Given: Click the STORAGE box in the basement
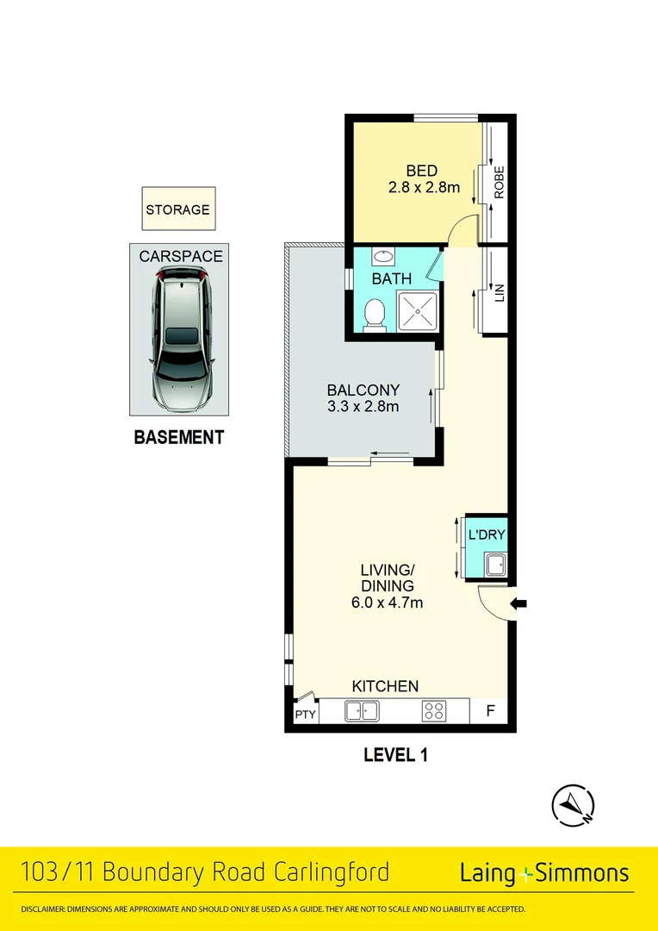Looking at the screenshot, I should coord(178,209).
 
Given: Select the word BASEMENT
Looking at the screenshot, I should coord(179,437).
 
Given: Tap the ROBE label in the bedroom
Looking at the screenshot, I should coord(498,183).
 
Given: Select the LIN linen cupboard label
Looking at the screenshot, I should coord(498,292).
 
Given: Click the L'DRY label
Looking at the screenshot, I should coord(487,535).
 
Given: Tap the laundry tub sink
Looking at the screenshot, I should coord(495,566).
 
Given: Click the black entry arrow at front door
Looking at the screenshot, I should coord(518,604).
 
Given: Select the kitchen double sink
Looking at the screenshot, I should coord(362,711).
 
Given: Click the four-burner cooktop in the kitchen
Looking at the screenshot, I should coord(433,711).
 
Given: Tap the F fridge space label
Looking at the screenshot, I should coord(490,711).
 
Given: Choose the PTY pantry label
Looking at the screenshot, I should coord(305,715).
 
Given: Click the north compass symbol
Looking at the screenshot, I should coord(572,805).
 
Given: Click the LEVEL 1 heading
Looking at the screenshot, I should coord(396,756).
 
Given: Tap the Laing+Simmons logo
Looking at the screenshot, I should coord(544,873).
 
